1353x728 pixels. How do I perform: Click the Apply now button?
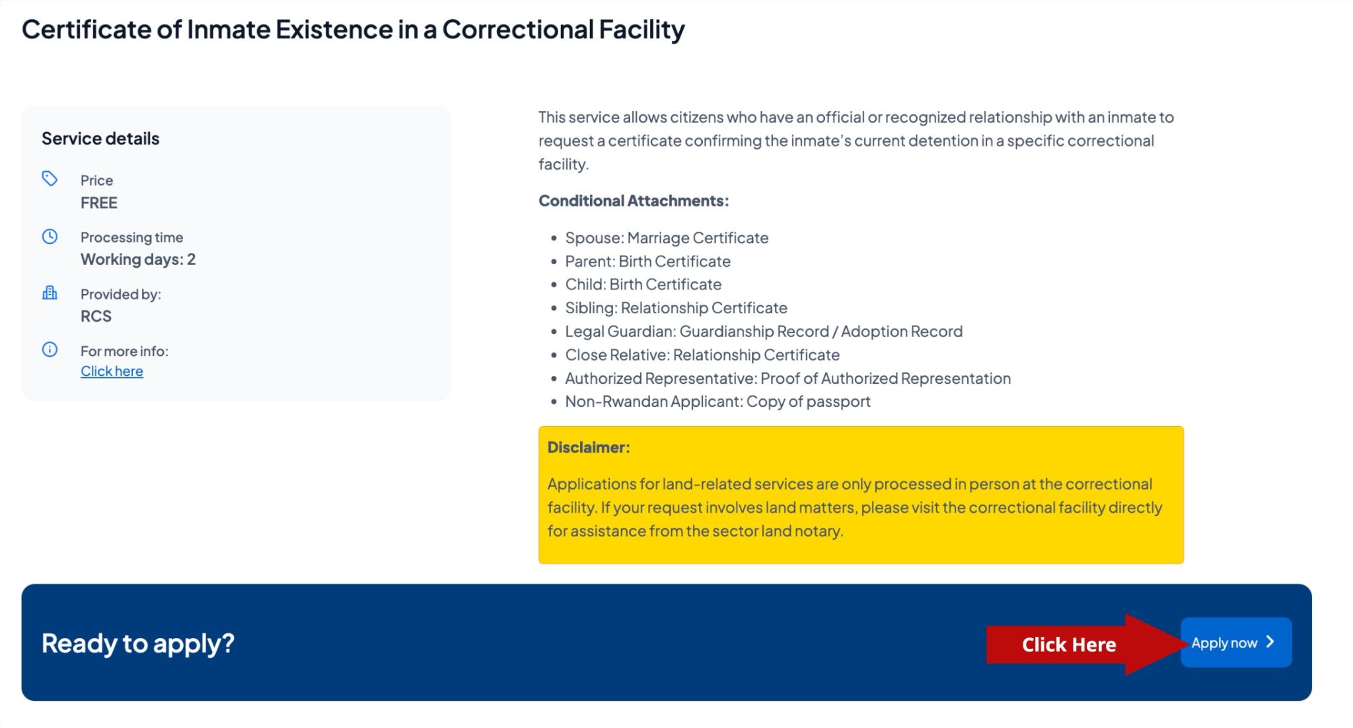click(1236, 642)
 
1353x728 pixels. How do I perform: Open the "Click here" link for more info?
click(112, 371)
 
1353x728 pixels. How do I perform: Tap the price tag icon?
click(50, 178)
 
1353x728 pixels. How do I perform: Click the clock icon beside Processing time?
click(50, 237)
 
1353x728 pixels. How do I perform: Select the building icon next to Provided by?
click(50, 293)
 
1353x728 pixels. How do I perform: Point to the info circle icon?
click(50, 349)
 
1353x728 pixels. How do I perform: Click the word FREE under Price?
click(99, 203)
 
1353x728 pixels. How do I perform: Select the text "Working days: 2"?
click(138, 260)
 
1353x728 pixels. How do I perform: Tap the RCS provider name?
click(96, 316)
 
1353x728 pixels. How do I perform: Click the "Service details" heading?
click(100, 139)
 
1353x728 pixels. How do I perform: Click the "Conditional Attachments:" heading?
click(634, 201)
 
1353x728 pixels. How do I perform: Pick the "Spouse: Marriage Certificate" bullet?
click(667, 238)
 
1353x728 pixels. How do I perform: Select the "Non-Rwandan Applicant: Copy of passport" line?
click(717, 402)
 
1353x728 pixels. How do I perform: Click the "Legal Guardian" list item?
click(764, 332)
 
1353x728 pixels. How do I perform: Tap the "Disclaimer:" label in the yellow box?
click(589, 447)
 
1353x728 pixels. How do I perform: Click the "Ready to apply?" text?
click(138, 643)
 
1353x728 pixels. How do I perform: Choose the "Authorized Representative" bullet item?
click(787, 379)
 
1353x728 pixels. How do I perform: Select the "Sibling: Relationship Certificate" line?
click(676, 308)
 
